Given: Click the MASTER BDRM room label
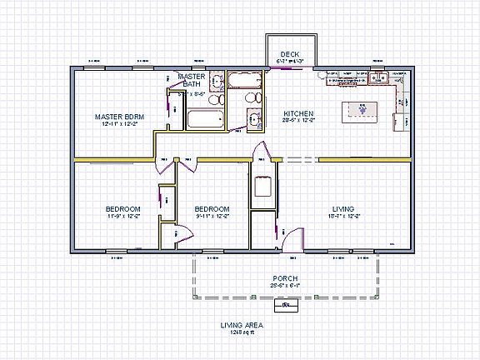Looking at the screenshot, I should (x=119, y=116).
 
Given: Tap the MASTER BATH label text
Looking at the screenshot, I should (x=192, y=80).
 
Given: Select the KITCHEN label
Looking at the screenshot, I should (x=298, y=113).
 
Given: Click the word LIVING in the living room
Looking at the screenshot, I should (x=342, y=208).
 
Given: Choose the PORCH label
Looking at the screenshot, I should (x=286, y=277).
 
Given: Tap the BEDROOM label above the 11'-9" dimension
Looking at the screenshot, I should (x=122, y=208).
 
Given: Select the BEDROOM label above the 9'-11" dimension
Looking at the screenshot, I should (x=212, y=208).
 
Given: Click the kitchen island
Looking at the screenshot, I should (x=362, y=110).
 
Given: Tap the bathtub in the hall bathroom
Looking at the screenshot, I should (x=245, y=82).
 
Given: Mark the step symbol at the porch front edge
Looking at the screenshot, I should (x=287, y=304).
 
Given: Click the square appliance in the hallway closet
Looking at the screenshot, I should (x=262, y=185).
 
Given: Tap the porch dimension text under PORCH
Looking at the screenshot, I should (x=286, y=285).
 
